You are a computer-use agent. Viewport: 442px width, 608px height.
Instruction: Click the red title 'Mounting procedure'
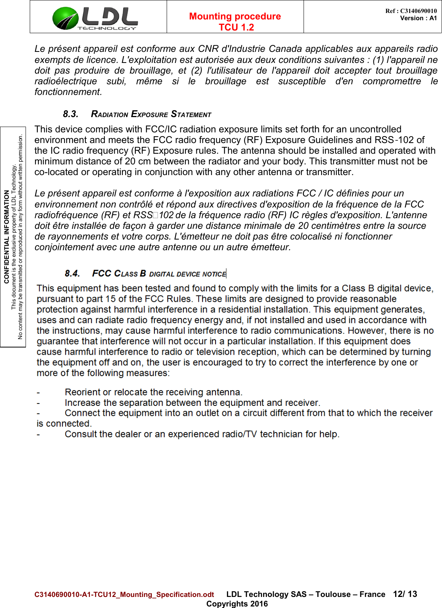click(x=235, y=16)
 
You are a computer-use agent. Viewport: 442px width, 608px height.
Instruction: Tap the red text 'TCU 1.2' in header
click(x=236, y=27)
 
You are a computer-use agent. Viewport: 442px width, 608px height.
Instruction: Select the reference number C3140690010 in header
click(x=418, y=11)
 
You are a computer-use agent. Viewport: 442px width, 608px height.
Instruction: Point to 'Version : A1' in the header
click(x=418, y=18)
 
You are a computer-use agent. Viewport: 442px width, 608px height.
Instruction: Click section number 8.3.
click(x=71, y=114)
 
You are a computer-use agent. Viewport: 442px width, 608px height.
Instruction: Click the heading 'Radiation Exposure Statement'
click(x=151, y=114)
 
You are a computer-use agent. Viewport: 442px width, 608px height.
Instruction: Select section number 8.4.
click(x=72, y=273)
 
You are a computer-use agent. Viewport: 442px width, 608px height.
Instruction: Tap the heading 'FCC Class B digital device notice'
click(x=159, y=273)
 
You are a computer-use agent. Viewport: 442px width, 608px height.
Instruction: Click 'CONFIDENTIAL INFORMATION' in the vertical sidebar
click(x=6, y=236)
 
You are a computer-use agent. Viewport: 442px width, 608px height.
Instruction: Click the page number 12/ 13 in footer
click(x=405, y=594)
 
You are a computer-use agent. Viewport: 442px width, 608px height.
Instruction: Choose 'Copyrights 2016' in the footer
click(x=237, y=603)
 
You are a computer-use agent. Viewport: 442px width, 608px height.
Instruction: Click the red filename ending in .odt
click(x=124, y=594)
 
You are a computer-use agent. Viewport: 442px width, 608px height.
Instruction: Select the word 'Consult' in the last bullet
click(x=81, y=434)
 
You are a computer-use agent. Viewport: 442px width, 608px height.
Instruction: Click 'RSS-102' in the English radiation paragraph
click(x=394, y=140)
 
